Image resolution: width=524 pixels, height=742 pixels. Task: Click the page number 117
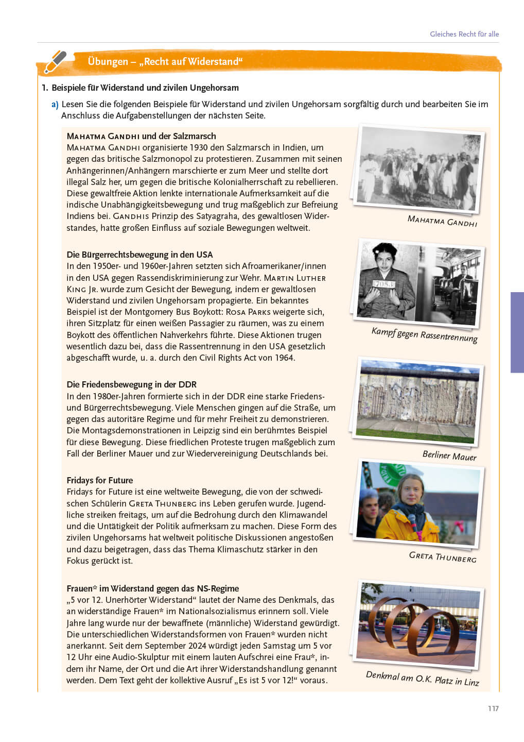click(x=493, y=709)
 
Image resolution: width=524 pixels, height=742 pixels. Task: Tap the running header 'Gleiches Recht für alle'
click(x=464, y=34)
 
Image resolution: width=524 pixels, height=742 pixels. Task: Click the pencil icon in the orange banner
click(x=56, y=62)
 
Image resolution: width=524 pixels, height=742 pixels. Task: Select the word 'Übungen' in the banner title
click(x=108, y=61)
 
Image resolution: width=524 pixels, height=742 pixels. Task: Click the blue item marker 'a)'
click(x=55, y=105)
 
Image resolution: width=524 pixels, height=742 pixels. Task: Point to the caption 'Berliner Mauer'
click(x=449, y=456)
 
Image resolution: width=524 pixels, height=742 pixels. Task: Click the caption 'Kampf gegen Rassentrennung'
click(x=424, y=334)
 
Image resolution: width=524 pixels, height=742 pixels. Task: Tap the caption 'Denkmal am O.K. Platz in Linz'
click(x=422, y=678)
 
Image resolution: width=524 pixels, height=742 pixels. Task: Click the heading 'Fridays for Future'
click(x=100, y=480)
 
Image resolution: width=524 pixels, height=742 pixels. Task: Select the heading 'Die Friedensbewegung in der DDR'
click(x=131, y=384)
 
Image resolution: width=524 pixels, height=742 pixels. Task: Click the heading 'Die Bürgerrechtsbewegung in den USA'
click(x=139, y=255)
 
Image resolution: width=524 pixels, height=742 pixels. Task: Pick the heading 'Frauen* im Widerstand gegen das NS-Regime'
click(x=153, y=588)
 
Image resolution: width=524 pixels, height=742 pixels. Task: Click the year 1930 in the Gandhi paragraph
click(x=199, y=147)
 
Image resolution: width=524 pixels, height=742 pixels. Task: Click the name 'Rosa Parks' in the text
click(x=248, y=312)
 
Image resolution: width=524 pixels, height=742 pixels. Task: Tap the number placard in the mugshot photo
click(x=385, y=283)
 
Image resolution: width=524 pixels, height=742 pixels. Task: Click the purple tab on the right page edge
click(x=517, y=332)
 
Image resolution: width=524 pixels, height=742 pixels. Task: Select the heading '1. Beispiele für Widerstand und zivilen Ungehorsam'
click(x=140, y=88)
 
